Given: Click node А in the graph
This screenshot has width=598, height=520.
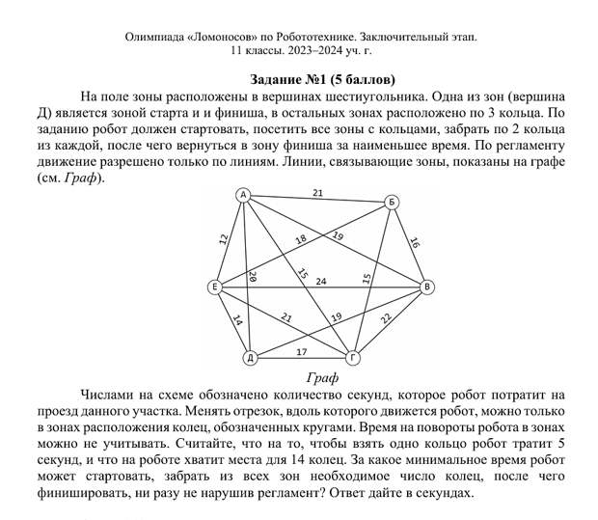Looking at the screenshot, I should (244, 196).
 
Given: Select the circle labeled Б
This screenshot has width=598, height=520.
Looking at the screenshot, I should (392, 203).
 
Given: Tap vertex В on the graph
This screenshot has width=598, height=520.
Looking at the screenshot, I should (427, 287).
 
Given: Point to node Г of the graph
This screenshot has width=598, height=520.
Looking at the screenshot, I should (353, 358).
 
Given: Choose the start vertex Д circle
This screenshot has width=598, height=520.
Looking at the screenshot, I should (250, 358).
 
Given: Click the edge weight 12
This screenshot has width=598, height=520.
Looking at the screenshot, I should (223, 238).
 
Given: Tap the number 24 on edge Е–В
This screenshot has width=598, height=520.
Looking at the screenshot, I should (321, 282).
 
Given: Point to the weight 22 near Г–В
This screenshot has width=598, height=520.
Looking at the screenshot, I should (386, 319).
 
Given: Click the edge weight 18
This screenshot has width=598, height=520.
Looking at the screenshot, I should (301, 239).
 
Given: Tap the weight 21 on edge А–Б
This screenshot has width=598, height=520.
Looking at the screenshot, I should (317, 194).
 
